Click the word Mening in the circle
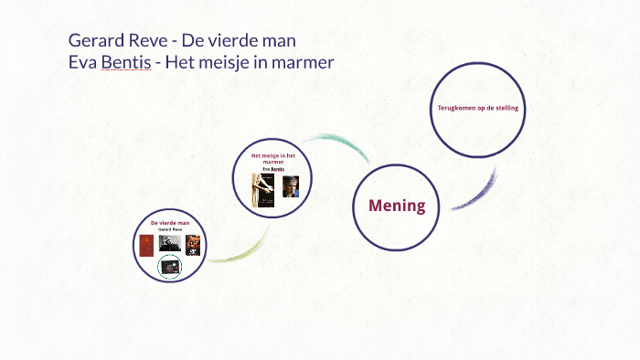[x=397, y=206]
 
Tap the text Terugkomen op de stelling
[x=477, y=108]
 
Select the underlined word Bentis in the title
[x=125, y=62]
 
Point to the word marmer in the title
[x=303, y=62]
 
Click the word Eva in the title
[x=82, y=62]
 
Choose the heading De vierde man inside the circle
[x=169, y=222]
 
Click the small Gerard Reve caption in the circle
[x=169, y=229]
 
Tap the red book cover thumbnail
[x=146, y=245]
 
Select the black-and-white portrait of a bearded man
[x=168, y=243]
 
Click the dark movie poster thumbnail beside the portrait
[x=193, y=244]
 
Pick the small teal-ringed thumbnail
[x=169, y=266]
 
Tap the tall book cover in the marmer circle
[x=266, y=190]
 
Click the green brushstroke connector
[x=240, y=250]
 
